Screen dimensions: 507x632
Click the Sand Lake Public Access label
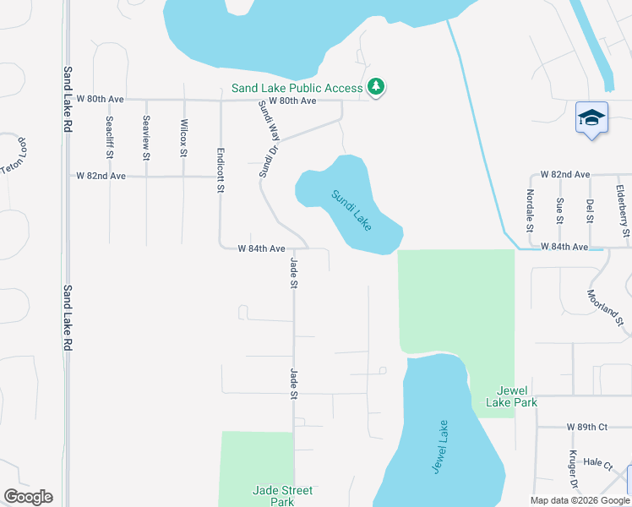pyautogui.click(x=298, y=87)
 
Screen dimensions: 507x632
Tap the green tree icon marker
pyautogui.click(x=376, y=86)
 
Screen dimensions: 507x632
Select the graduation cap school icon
pyautogui.click(x=591, y=119)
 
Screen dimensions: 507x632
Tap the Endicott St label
pyautogui.click(x=220, y=172)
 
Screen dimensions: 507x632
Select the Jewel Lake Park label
pyautogui.click(x=518, y=396)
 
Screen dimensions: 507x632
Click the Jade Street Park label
pyautogui.click(x=282, y=496)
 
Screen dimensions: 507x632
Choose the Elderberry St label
pyautogui.click(x=624, y=210)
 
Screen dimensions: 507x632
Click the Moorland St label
pyautogui.click(x=605, y=308)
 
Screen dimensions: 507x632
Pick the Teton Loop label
pyautogui.click(x=14, y=156)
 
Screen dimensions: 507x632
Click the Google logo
pyautogui.click(x=28, y=497)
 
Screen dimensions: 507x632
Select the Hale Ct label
pyautogui.click(x=597, y=463)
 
